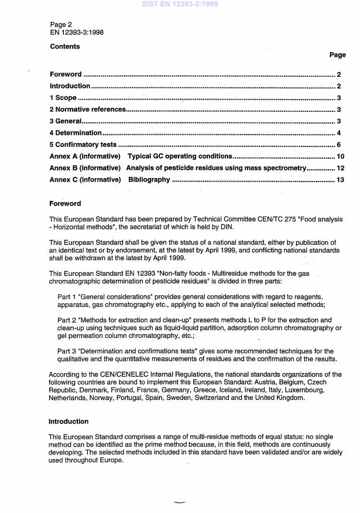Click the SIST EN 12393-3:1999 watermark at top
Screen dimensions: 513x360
pyautogui.click(x=180, y=4)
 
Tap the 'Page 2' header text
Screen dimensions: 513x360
pyautogui.click(x=62, y=25)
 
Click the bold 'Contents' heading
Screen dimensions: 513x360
pyautogui.click(x=64, y=46)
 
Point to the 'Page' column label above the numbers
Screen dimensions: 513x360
pyautogui.click(x=337, y=55)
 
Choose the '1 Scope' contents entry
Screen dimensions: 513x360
pyautogui.click(x=63, y=98)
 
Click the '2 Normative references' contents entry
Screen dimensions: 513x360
pyautogui.click(x=87, y=110)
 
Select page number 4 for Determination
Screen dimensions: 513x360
pyautogui.click(x=339, y=133)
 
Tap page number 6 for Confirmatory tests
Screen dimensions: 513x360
pyautogui.click(x=339, y=145)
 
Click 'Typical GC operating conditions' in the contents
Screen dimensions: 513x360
pyautogui.click(x=180, y=156)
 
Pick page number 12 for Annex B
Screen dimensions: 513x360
pyautogui.click(x=337, y=168)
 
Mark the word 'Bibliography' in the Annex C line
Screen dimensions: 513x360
pyautogui.click(x=149, y=180)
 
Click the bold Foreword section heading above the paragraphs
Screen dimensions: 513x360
pyautogui.click(x=64, y=204)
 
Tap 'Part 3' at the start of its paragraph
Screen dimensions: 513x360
pyautogui.click(x=67, y=350)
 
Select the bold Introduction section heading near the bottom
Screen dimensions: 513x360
pyautogui.click(x=68, y=422)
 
